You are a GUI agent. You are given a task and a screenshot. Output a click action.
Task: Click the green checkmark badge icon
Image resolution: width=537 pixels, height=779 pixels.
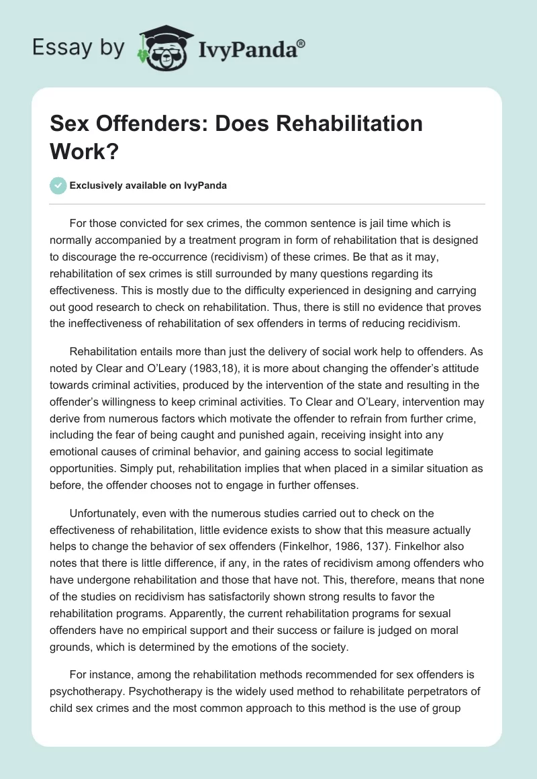tap(58, 185)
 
